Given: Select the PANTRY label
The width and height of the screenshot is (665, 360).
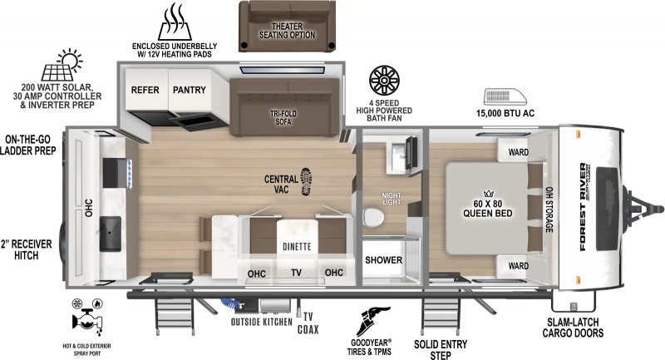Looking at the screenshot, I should coord(190,89).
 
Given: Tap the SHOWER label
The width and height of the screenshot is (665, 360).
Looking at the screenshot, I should coord(383,260).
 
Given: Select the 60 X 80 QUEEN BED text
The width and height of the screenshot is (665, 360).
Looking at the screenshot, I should coord(487,208).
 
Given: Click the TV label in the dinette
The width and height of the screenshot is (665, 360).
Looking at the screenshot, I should coord(296,272).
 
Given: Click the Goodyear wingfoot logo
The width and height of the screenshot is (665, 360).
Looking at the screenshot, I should coord(372,321).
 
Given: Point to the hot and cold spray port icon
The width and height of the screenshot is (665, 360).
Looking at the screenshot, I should coord(86,316).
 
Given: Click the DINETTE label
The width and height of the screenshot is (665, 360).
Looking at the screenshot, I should coord(295,246).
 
